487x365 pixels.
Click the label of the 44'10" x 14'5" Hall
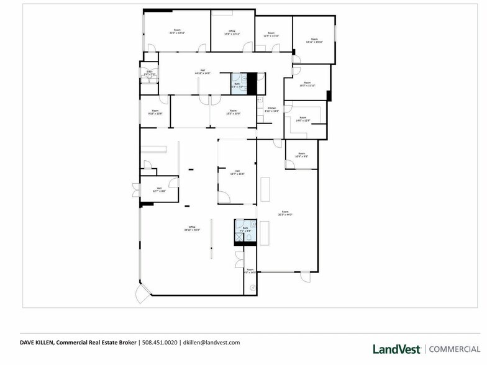click(203, 72)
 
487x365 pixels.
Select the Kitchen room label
click(272, 110)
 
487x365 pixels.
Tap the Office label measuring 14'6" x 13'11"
click(231, 32)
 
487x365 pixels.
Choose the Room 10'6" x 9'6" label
click(301, 155)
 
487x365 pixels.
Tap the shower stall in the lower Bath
click(239, 237)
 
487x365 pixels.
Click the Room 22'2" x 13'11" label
click(178, 31)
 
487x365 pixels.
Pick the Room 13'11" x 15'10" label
click(314, 40)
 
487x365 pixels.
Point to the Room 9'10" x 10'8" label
click(155, 112)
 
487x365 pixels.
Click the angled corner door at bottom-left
click(142, 294)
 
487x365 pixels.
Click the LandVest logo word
click(396, 349)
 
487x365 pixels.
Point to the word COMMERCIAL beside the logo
click(455, 349)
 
